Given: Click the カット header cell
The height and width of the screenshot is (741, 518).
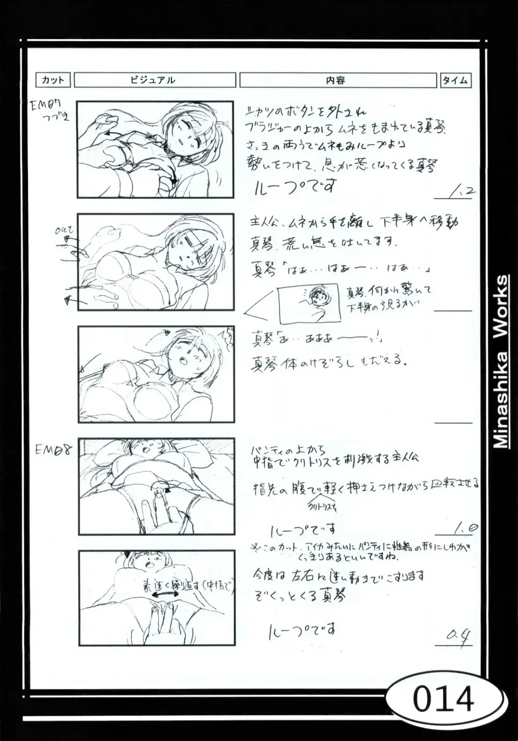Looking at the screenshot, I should (53, 80).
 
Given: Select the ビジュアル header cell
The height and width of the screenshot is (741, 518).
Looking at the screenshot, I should (154, 80).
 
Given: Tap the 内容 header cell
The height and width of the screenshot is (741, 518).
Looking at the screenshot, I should (337, 80).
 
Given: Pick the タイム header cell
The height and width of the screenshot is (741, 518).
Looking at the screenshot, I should (455, 80).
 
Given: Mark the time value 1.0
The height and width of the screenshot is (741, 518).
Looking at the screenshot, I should (462, 529).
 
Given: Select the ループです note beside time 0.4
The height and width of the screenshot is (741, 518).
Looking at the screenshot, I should (302, 629).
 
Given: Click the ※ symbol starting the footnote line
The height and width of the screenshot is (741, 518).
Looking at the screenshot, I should (255, 547).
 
